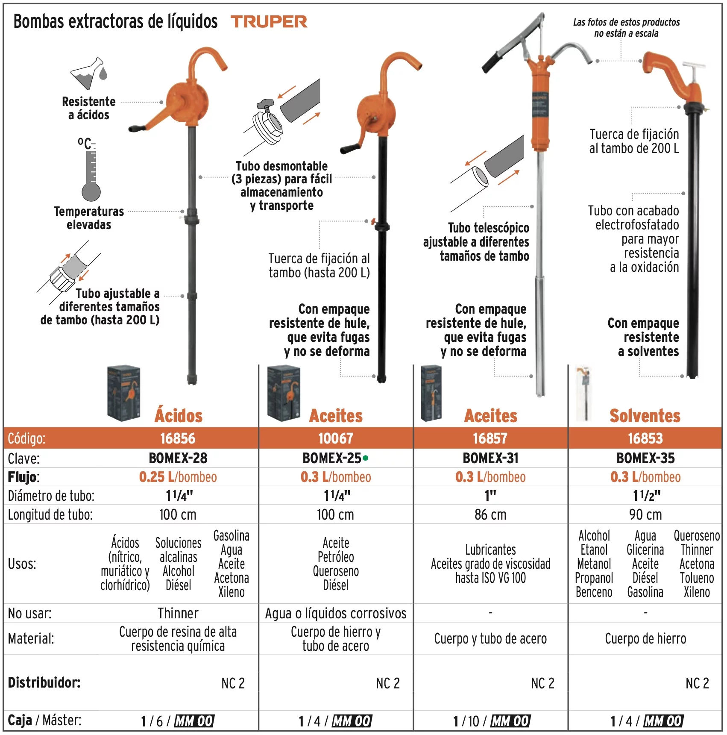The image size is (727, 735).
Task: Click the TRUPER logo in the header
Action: pyautogui.click(x=269, y=22)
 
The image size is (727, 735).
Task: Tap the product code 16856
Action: pyautogui.click(x=178, y=438)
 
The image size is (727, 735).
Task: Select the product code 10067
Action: pyautogui.click(x=336, y=438)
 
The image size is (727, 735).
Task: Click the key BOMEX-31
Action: pyautogui.click(x=490, y=458)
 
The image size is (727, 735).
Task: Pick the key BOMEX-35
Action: pyautogui.click(x=645, y=458)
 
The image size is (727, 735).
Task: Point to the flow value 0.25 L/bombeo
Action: pyautogui.click(x=178, y=477)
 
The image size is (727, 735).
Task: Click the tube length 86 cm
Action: pyautogui.click(x=490, y=514)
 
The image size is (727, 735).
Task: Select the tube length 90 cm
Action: pyautogui.click(x=645, y=514)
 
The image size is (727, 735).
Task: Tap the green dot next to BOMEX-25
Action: pyautogui.click(x=366, y=458)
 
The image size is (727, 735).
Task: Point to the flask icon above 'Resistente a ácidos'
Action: pyautogui.click(x=89, y=73)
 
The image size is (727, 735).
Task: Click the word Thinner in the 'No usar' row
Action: pyautogui.click(x=178, y=613)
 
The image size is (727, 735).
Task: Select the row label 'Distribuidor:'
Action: pyautogui.click(x=44, y=682)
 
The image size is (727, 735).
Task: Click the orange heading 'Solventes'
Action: pyautogui.click(x=645, y=415)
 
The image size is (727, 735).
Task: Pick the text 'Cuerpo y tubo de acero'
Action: pyautogui.click(x=490, y=638)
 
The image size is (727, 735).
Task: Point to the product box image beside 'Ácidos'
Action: pyautogui.click(x=124, y=393)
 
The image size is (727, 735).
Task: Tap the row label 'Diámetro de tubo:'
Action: pyautogui.click(x=51, y=496)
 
